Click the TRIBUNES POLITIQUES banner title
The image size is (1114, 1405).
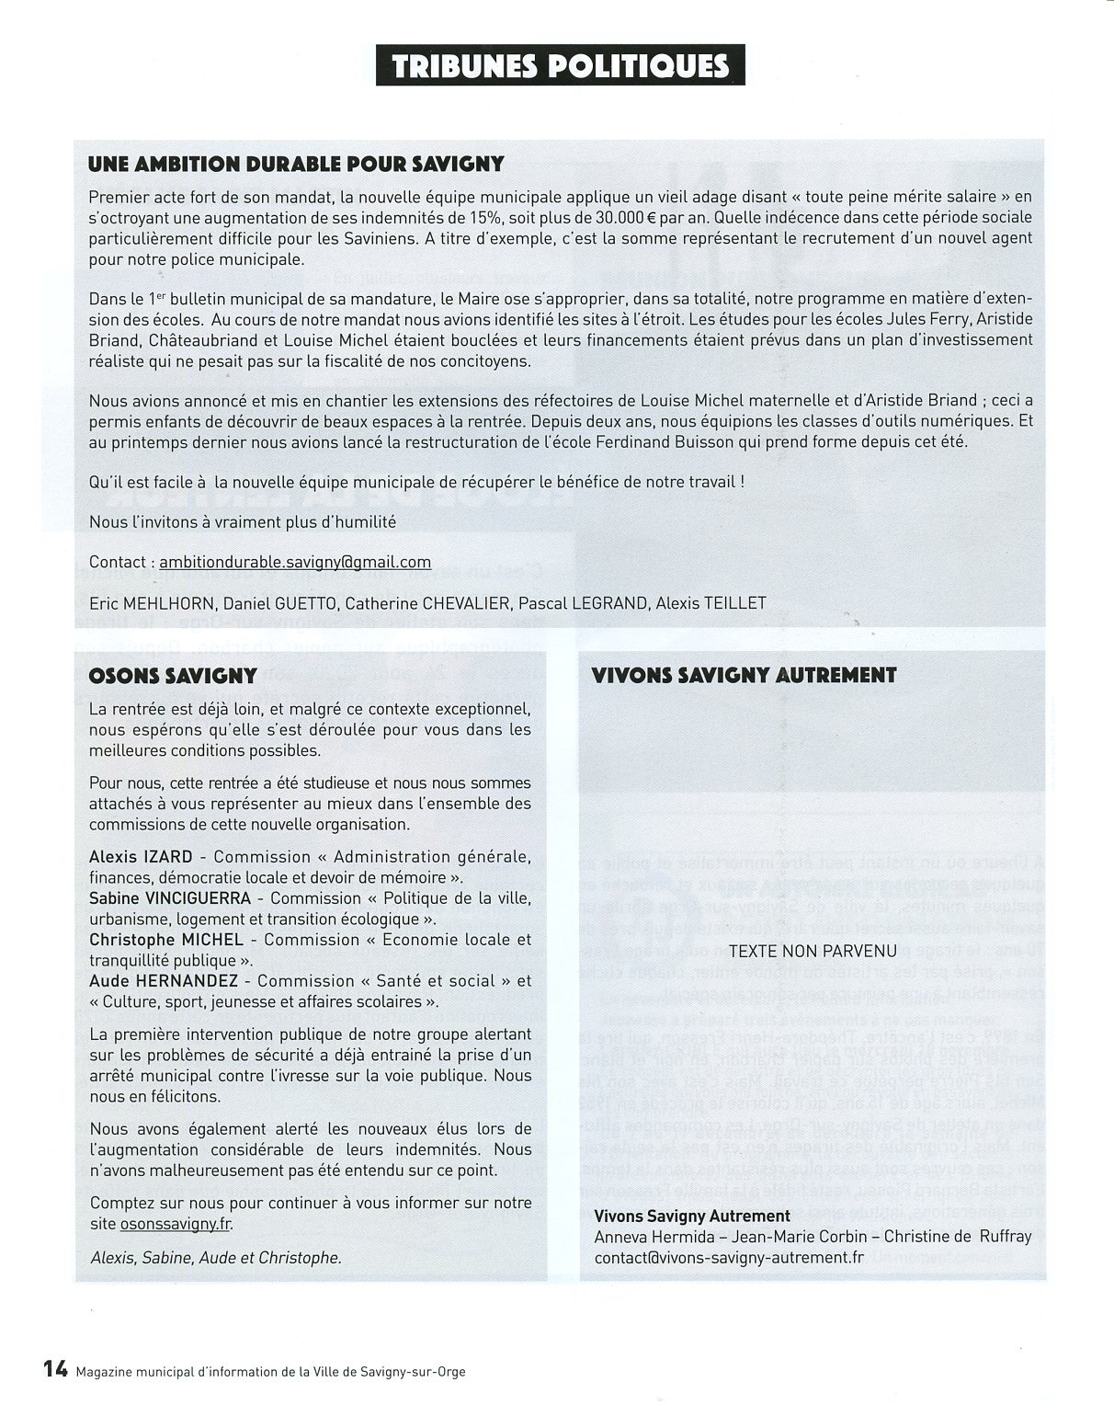560,65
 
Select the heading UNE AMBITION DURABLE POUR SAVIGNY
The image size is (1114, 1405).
296,165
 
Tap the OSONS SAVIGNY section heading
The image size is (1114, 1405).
173,676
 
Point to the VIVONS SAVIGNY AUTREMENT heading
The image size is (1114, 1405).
744,676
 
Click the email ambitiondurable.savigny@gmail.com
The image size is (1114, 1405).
295,562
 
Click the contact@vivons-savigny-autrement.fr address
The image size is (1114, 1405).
729,1257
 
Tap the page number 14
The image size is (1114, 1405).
55,1368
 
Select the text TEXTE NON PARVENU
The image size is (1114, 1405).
813,951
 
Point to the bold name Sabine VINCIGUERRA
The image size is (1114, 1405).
170,898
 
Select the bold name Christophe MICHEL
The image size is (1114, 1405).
166,940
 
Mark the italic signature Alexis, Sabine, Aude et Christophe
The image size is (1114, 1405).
216,1257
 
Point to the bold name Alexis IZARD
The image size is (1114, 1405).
141,857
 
